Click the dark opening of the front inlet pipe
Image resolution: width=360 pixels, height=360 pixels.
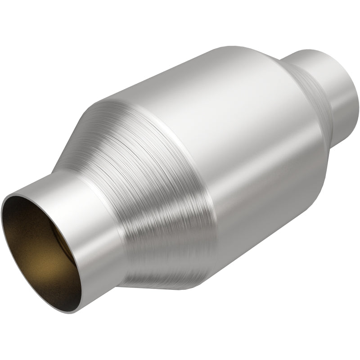tap(40, 252)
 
